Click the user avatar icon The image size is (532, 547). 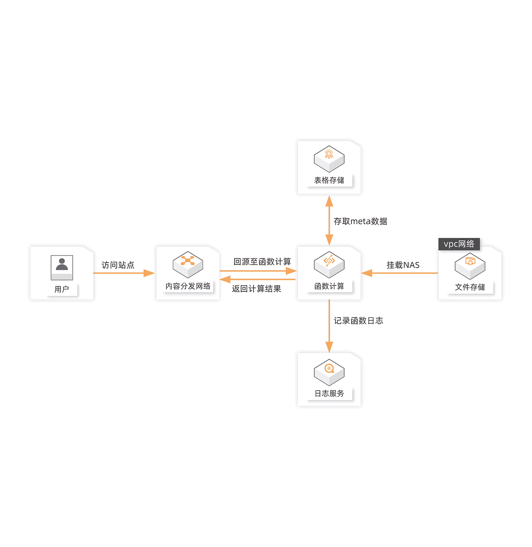pos(62,267)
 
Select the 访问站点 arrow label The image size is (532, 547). pos(118,265)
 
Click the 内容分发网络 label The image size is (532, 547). pos(188,286)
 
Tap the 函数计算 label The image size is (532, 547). pos(329,286)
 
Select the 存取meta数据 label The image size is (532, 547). pos(360,221)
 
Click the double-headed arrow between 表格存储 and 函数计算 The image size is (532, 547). pos(329,221)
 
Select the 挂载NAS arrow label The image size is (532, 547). pos(403,265)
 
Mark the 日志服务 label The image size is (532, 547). pos(329,393)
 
